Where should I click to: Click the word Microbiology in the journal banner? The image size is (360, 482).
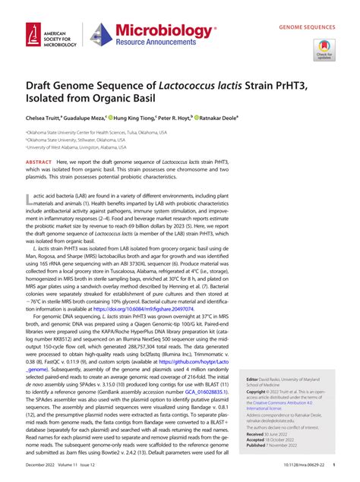point(156,28)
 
